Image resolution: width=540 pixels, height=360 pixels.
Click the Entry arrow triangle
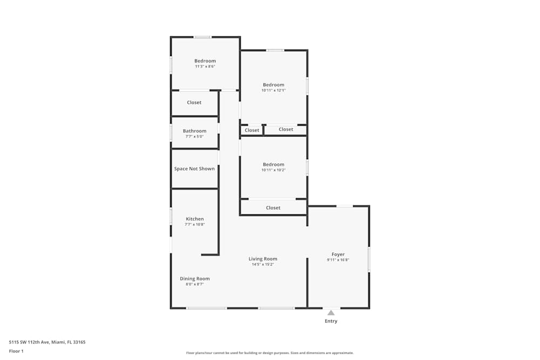coord(331,313)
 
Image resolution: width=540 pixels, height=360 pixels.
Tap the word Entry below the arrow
coord(331,321)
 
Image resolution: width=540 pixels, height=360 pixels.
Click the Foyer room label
coord(338,254)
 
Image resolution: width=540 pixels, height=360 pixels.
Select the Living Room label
coord(263,259)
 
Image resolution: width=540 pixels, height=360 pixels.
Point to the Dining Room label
coord(194,279)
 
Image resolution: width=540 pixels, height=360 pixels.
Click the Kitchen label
coord(195,219)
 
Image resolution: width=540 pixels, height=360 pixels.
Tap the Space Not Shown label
coord(194,168)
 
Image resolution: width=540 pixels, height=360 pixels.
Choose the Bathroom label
coord(194,131)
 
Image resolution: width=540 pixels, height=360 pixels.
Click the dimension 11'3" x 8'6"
coord(205,66)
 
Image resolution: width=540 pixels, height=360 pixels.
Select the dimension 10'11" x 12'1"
coord(273,91)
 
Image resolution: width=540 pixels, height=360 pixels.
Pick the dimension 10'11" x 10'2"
coord(273,170)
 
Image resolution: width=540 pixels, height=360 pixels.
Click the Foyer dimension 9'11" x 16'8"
coord(338,260)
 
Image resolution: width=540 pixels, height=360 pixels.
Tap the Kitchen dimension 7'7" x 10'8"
coord(194,225)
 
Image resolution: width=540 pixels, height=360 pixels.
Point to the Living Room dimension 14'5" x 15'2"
coord(263,264)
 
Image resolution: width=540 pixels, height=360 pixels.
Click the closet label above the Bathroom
coord(194,103)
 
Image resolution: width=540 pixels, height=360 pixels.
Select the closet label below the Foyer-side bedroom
coord(273,208)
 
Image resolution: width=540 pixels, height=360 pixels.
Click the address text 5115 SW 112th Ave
coord(29,342)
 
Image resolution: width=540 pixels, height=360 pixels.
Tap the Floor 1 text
coord(16,351)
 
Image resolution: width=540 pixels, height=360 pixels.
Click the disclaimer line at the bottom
coord(269,353)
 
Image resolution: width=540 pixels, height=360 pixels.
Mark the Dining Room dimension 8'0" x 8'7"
coord(194,284)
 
